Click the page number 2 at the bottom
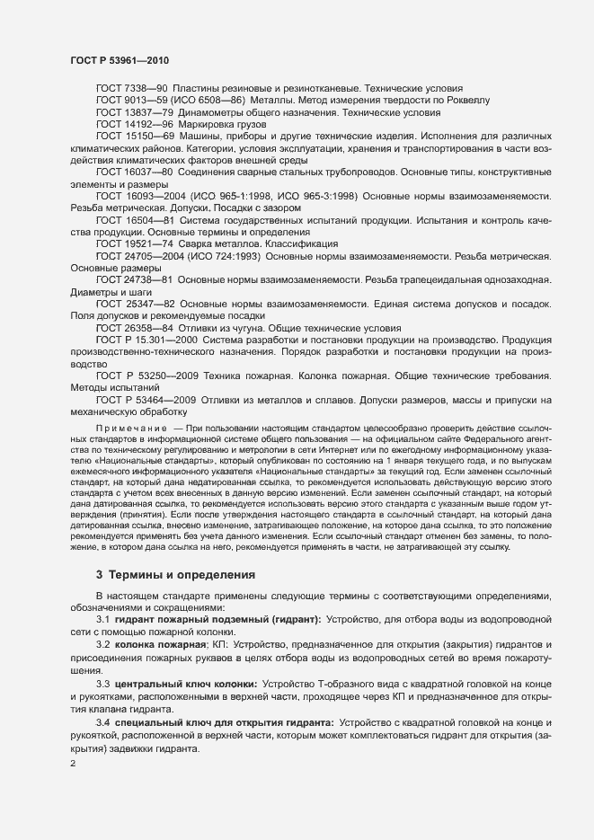(x=74, y=765)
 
